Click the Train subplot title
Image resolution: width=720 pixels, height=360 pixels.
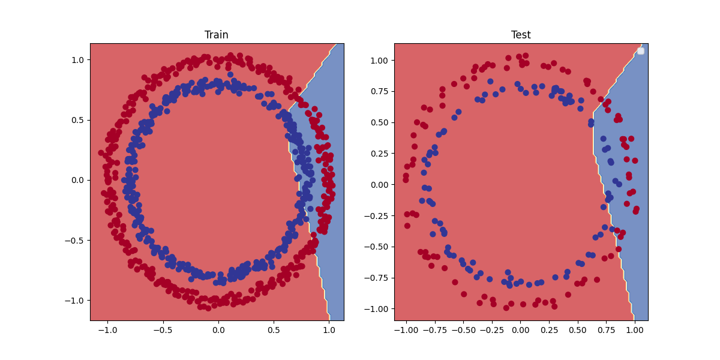pyautogui.click(x=217, y=35)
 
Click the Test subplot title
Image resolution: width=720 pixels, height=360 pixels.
pyautogui.click(x=521, y=35)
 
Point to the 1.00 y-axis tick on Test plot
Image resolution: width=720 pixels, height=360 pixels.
pyautogui.click(x=380, y=61)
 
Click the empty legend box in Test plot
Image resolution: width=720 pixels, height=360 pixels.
pyautogui.click(x=640, y=51)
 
